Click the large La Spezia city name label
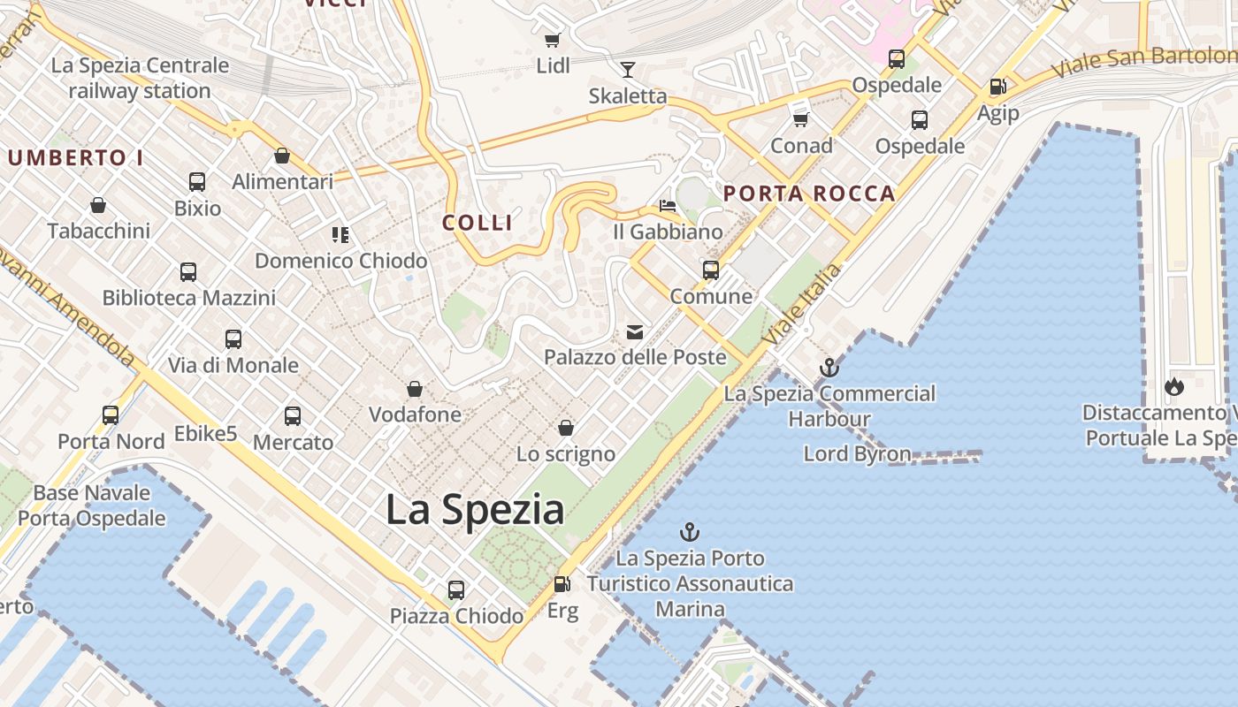click(x=475, y=510)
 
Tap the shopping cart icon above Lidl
click(x=553, y=40)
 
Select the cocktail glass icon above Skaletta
click(x=628, y=70)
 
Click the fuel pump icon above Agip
click(x=997, y=87)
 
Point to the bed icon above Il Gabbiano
click(x=668, y=207)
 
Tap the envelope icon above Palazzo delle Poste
click(x=635, y=332)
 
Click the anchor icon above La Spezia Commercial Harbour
click(x=829, y=368)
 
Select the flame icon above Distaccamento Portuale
click(x=1174, y=386)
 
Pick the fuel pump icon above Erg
click(x=562, y=584)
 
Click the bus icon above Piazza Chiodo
click(x=456, y=589)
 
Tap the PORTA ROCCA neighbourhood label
click(x=809, y=194)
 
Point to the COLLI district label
click(x=478, y=223)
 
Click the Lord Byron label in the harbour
click(x=857, y=454)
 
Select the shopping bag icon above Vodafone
click(x=414, y=389)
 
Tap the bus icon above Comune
click(x=711, y=270)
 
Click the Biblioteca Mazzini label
click(x=189, y=298)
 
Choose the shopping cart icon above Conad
click(x=801, y=119)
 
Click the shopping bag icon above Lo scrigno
click(x=566, y=429)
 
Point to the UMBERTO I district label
click(x=75, y=158)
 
